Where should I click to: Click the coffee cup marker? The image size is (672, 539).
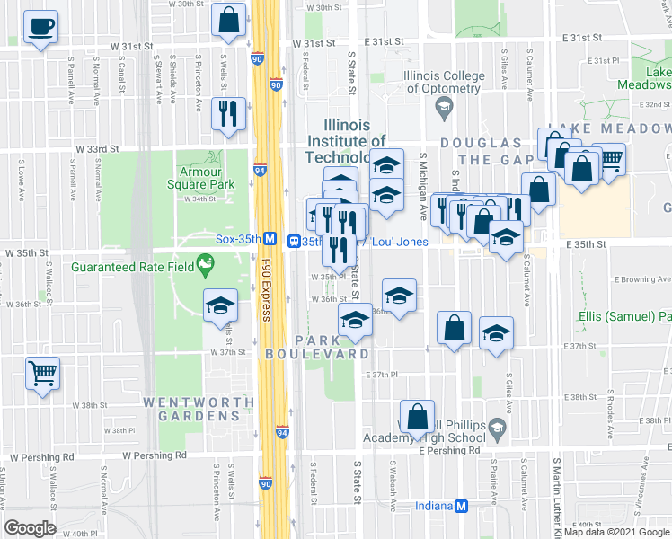point(40,27)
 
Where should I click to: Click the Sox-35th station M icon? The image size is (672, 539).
point(269,240)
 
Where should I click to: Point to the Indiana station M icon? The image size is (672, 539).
point(462,506)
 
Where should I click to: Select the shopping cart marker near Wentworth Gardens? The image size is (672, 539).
point(42,373)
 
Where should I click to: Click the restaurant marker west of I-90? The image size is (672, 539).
point(227,113)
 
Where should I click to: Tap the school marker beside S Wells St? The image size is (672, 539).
point(220,306)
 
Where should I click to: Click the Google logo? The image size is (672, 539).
point(30,527)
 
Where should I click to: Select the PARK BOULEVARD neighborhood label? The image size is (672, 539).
point(316,347)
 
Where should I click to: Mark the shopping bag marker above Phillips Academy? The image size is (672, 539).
point(417,417)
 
